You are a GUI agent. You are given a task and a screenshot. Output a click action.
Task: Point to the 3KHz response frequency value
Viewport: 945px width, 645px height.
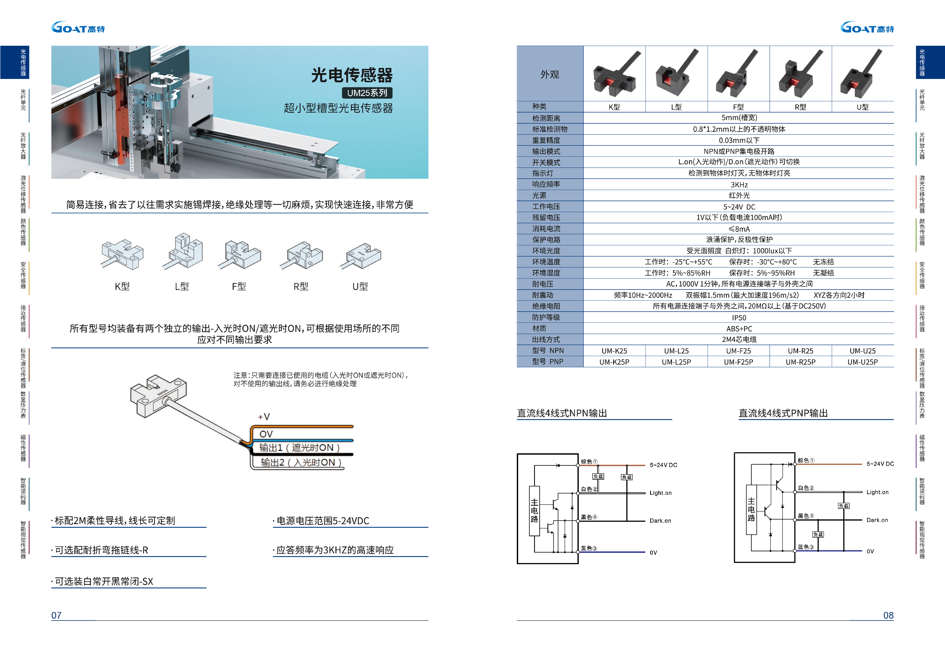coord(738,185)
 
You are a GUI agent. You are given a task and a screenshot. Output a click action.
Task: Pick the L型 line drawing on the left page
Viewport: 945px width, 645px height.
coord(185,252)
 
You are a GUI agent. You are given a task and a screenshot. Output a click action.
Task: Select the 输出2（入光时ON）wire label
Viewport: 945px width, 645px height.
coord(301,463)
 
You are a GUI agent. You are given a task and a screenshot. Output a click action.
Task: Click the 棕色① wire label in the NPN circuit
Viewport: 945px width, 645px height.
coord(589,461)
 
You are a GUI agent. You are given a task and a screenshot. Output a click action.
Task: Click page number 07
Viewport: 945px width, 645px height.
coord(56,615)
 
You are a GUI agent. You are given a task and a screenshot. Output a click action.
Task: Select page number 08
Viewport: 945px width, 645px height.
coord(888,615)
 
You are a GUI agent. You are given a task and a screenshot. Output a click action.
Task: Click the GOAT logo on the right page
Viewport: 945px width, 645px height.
coord(867,28)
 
